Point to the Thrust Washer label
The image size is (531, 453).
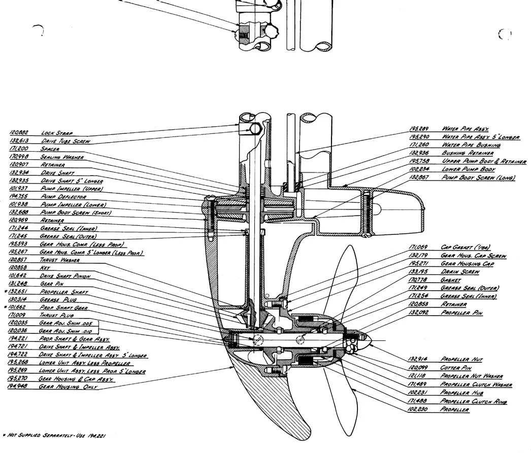(x=59, y=260)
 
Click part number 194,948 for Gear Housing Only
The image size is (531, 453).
(x=18, y=387)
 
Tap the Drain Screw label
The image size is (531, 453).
(x=459, y=272)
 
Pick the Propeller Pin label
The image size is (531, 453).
(x=461, y=313)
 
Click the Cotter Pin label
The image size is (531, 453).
(x=456, y=368)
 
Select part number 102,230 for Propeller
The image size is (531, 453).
(x=418, y=409)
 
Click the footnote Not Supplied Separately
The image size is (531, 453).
(x=56, y=435)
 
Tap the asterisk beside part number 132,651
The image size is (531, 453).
(x=5, y=293)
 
